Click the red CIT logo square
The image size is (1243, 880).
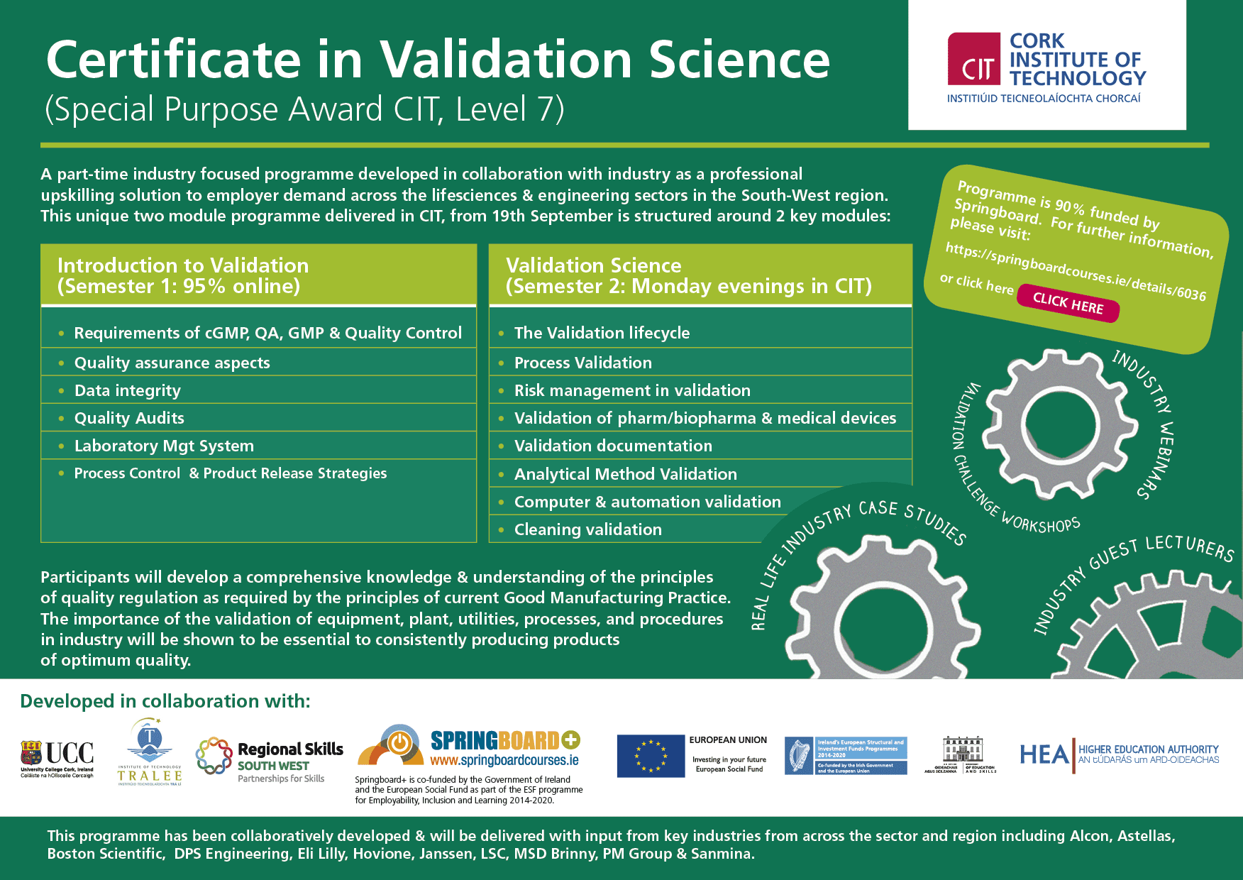[974, 58]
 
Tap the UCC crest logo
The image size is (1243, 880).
[31, 753]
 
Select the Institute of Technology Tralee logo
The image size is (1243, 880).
[150, 752]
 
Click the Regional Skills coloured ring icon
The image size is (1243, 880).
[214, 756]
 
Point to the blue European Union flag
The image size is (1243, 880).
[651, 756]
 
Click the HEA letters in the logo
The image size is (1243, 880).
[1043, 754]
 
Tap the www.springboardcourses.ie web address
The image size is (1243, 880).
[504, 761]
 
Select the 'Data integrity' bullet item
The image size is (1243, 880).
[128, 390]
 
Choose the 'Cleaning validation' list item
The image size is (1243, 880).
[587, 529]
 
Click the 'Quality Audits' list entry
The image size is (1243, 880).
[129, 418]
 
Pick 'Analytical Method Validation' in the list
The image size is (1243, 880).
[625, 474]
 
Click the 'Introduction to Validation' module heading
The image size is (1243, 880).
[183, 265]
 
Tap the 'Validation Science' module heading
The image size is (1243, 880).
[593, 265]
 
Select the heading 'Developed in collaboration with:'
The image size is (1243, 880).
[165, 701]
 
